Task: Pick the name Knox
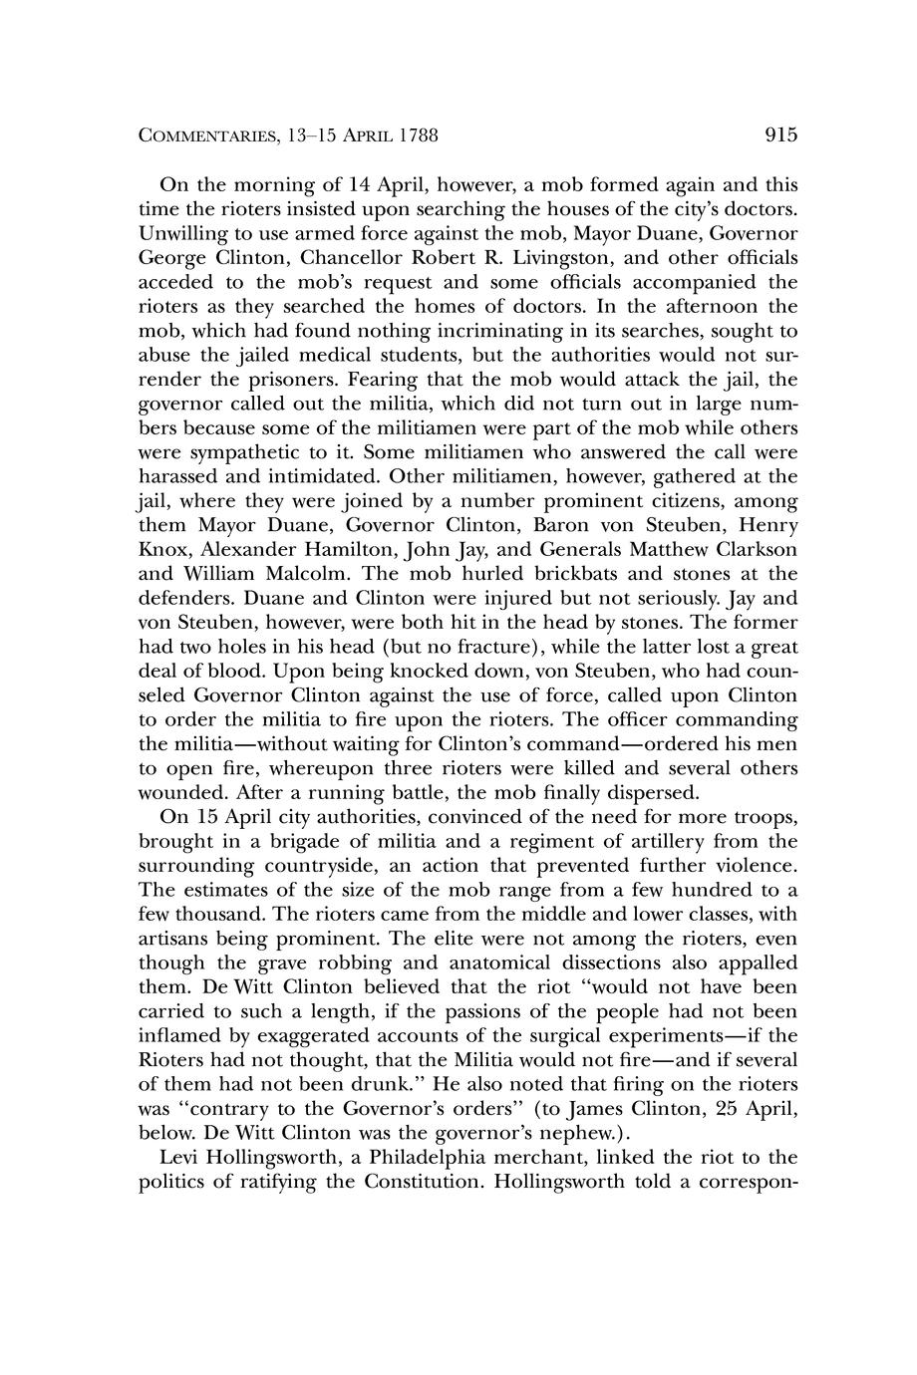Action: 160,549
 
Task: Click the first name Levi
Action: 178,1157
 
